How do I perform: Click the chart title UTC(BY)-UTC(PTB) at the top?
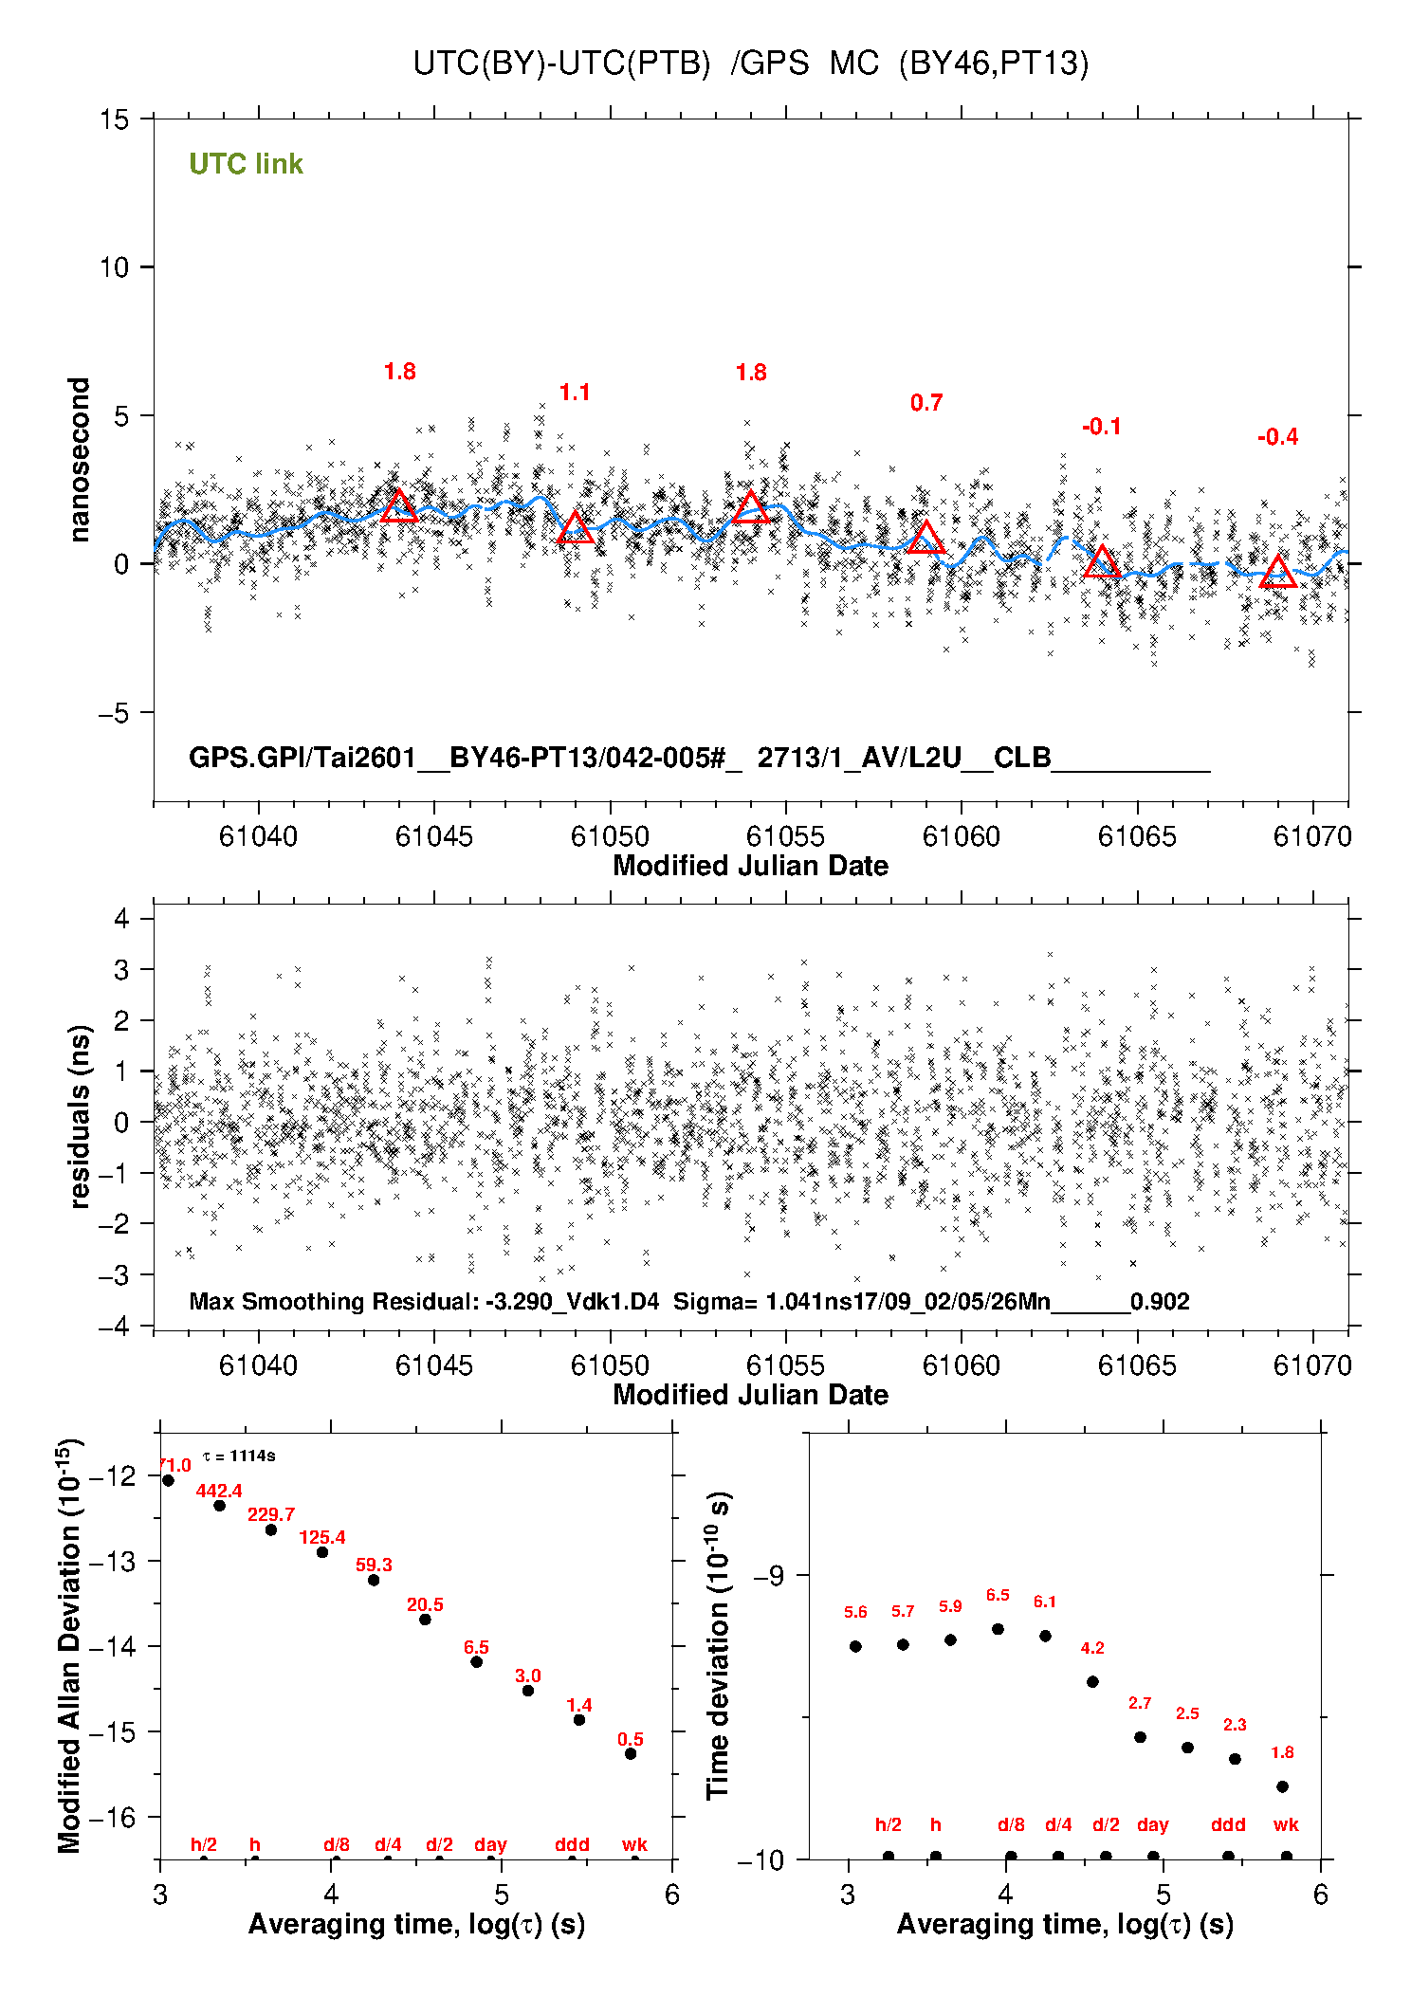pyautogui.click(x=561, y=64)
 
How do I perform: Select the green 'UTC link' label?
pyautogui.click(x=246, y=164)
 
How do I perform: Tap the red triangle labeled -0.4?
pyautogui.click(x=1277, y=572)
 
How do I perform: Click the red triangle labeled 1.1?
pyautogui.click(x=575, y=529)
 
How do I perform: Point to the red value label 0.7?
pyautogui.click(x=926, y=403)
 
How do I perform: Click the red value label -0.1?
pyautogui.click(x=1101, y=427)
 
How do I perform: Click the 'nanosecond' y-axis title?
pyautogui.click(x=79, y=460)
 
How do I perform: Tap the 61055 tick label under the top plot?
pyautogui.click(x=785, y=836)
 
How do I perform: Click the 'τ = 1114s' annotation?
pyautogui.click(x=239, y=1456)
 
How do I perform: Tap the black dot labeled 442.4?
pyautogui.click(x=219, y=1505)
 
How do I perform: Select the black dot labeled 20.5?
pyautogui.click(x=425, y=1619)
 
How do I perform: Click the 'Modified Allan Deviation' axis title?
pyautogui.click(x=69, y=1645)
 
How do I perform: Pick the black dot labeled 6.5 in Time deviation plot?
pyautogui.click(x=998, y=1629)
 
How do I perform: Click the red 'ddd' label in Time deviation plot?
pyautogui.click(x=1228, y=1824)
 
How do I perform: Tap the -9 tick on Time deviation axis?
pyautogui.click(x=768, y=1575)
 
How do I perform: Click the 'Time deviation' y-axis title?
pyautogui.click(x=718, y=1645)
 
